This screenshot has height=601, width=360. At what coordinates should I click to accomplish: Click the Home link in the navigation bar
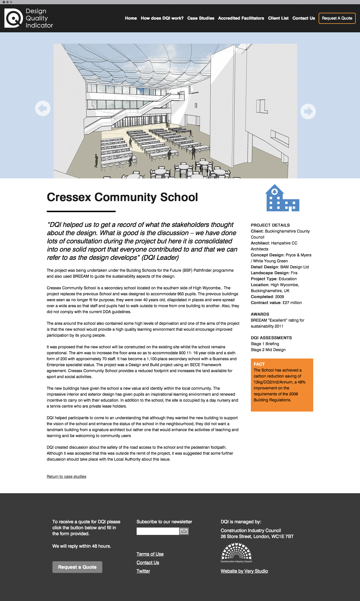click(131, 18)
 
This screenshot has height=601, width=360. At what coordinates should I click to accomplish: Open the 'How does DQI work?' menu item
click(162, 18)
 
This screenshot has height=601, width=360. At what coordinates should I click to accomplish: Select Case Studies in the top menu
click(201, 18)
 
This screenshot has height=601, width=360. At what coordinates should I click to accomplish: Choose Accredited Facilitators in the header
click(241, 18)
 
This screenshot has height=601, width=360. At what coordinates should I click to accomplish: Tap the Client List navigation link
click(278, 18)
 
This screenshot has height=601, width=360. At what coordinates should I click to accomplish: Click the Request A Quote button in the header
click(337, 18)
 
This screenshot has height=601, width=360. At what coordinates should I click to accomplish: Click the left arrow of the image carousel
click(43, 108)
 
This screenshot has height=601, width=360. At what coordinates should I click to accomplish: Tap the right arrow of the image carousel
click(308, 111)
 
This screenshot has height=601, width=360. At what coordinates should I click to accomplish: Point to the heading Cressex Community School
click(122, 197)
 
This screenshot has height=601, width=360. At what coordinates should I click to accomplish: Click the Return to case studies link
click(66, 476)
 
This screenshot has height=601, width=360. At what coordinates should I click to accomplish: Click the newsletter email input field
click(158, 531)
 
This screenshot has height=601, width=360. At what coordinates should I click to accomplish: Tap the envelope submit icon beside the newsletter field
click(184, 531)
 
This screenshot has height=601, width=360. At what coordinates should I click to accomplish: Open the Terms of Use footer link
click(150, 554)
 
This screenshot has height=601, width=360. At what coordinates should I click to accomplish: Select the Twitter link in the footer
click(143, 571)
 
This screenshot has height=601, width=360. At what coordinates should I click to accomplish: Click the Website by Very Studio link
click(244, 571)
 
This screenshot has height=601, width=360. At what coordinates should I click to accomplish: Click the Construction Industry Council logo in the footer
click(236, 553)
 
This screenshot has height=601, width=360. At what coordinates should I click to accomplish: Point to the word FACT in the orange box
click(259, 364)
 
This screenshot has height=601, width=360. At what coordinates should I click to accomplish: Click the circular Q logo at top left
click(13, 18)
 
